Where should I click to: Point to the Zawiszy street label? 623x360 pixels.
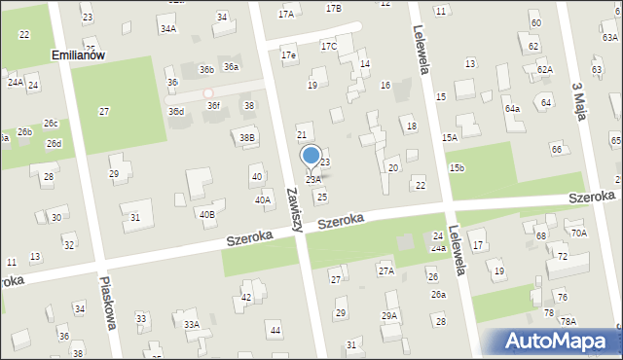point(295,208)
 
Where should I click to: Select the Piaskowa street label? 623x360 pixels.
point(108,302)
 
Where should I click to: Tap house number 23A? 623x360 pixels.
point(313,180)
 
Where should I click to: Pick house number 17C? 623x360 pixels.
point(328,46)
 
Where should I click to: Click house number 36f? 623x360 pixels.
point(213,105)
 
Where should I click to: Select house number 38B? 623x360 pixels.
point(247,138)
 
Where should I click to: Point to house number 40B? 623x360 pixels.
point(206,214)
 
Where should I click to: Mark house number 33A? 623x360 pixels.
point(192,325)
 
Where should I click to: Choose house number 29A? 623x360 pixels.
point(389,316)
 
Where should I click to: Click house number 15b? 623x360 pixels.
point(457,169)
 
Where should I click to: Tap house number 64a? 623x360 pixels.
point(512,108)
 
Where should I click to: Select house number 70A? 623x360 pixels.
point(579,234)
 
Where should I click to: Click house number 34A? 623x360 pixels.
point(168,29)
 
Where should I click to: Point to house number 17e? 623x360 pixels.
point(288,55)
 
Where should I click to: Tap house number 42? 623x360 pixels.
point(247,298)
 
